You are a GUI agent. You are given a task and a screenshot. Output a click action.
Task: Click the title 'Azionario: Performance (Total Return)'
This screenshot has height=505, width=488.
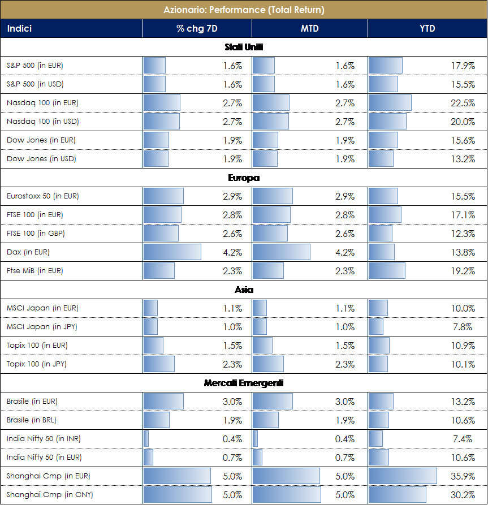click(244, 10)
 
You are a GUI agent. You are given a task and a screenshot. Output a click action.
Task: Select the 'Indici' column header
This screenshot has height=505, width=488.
click(19, 28)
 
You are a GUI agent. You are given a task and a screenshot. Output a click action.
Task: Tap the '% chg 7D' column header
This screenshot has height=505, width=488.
click(197, 28)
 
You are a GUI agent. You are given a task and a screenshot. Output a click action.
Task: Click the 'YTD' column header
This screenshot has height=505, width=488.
click(427, 28)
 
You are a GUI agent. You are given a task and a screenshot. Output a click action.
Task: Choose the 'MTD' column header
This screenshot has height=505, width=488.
click(309, 28)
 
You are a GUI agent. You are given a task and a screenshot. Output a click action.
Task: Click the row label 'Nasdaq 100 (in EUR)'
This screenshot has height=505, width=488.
click(42, 103)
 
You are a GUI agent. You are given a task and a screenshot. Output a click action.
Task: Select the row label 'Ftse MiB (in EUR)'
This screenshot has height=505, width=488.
click(35, 271)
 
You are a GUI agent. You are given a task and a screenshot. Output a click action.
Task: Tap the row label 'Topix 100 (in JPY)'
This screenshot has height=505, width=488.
click(37, 364)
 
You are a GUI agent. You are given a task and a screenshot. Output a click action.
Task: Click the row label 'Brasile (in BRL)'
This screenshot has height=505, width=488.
click(32, 420)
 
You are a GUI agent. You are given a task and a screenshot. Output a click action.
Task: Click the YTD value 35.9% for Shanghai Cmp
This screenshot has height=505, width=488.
click(463, 476)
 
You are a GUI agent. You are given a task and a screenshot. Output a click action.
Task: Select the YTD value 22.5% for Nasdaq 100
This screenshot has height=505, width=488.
click(463, 103)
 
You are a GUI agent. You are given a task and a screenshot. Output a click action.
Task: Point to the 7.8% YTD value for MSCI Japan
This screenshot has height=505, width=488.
click(465, 327)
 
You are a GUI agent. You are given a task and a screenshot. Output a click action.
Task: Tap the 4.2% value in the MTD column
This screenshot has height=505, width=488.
click(345, 252)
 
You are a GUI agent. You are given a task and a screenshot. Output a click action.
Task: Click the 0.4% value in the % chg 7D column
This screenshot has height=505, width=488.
click(232, 439)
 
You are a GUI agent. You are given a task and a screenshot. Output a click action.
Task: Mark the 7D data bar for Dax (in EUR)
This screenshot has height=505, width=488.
click(172, 252)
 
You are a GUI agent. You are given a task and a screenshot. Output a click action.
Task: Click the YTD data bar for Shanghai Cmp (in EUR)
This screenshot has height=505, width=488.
click(402, 476)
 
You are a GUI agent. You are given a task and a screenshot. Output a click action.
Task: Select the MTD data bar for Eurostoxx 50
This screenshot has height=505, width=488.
click(273, 196)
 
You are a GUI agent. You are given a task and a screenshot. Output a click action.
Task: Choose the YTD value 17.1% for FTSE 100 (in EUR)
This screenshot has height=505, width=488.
click(463, 215)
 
